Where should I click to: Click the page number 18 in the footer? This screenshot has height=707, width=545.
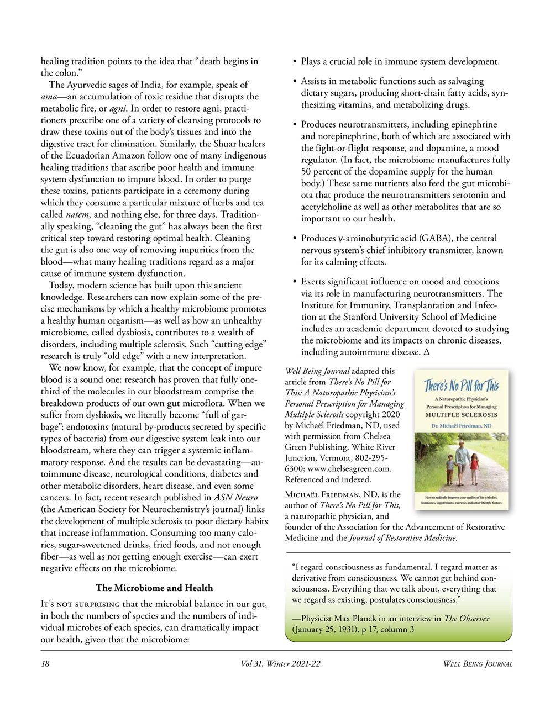click(45, 663)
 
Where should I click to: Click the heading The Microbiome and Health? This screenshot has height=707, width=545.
click(154, 587)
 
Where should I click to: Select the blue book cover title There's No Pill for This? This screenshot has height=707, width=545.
click(462, 385)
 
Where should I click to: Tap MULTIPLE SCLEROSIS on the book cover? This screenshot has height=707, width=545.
click(461, 414)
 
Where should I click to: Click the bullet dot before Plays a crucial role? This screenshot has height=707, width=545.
click(295, 62)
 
